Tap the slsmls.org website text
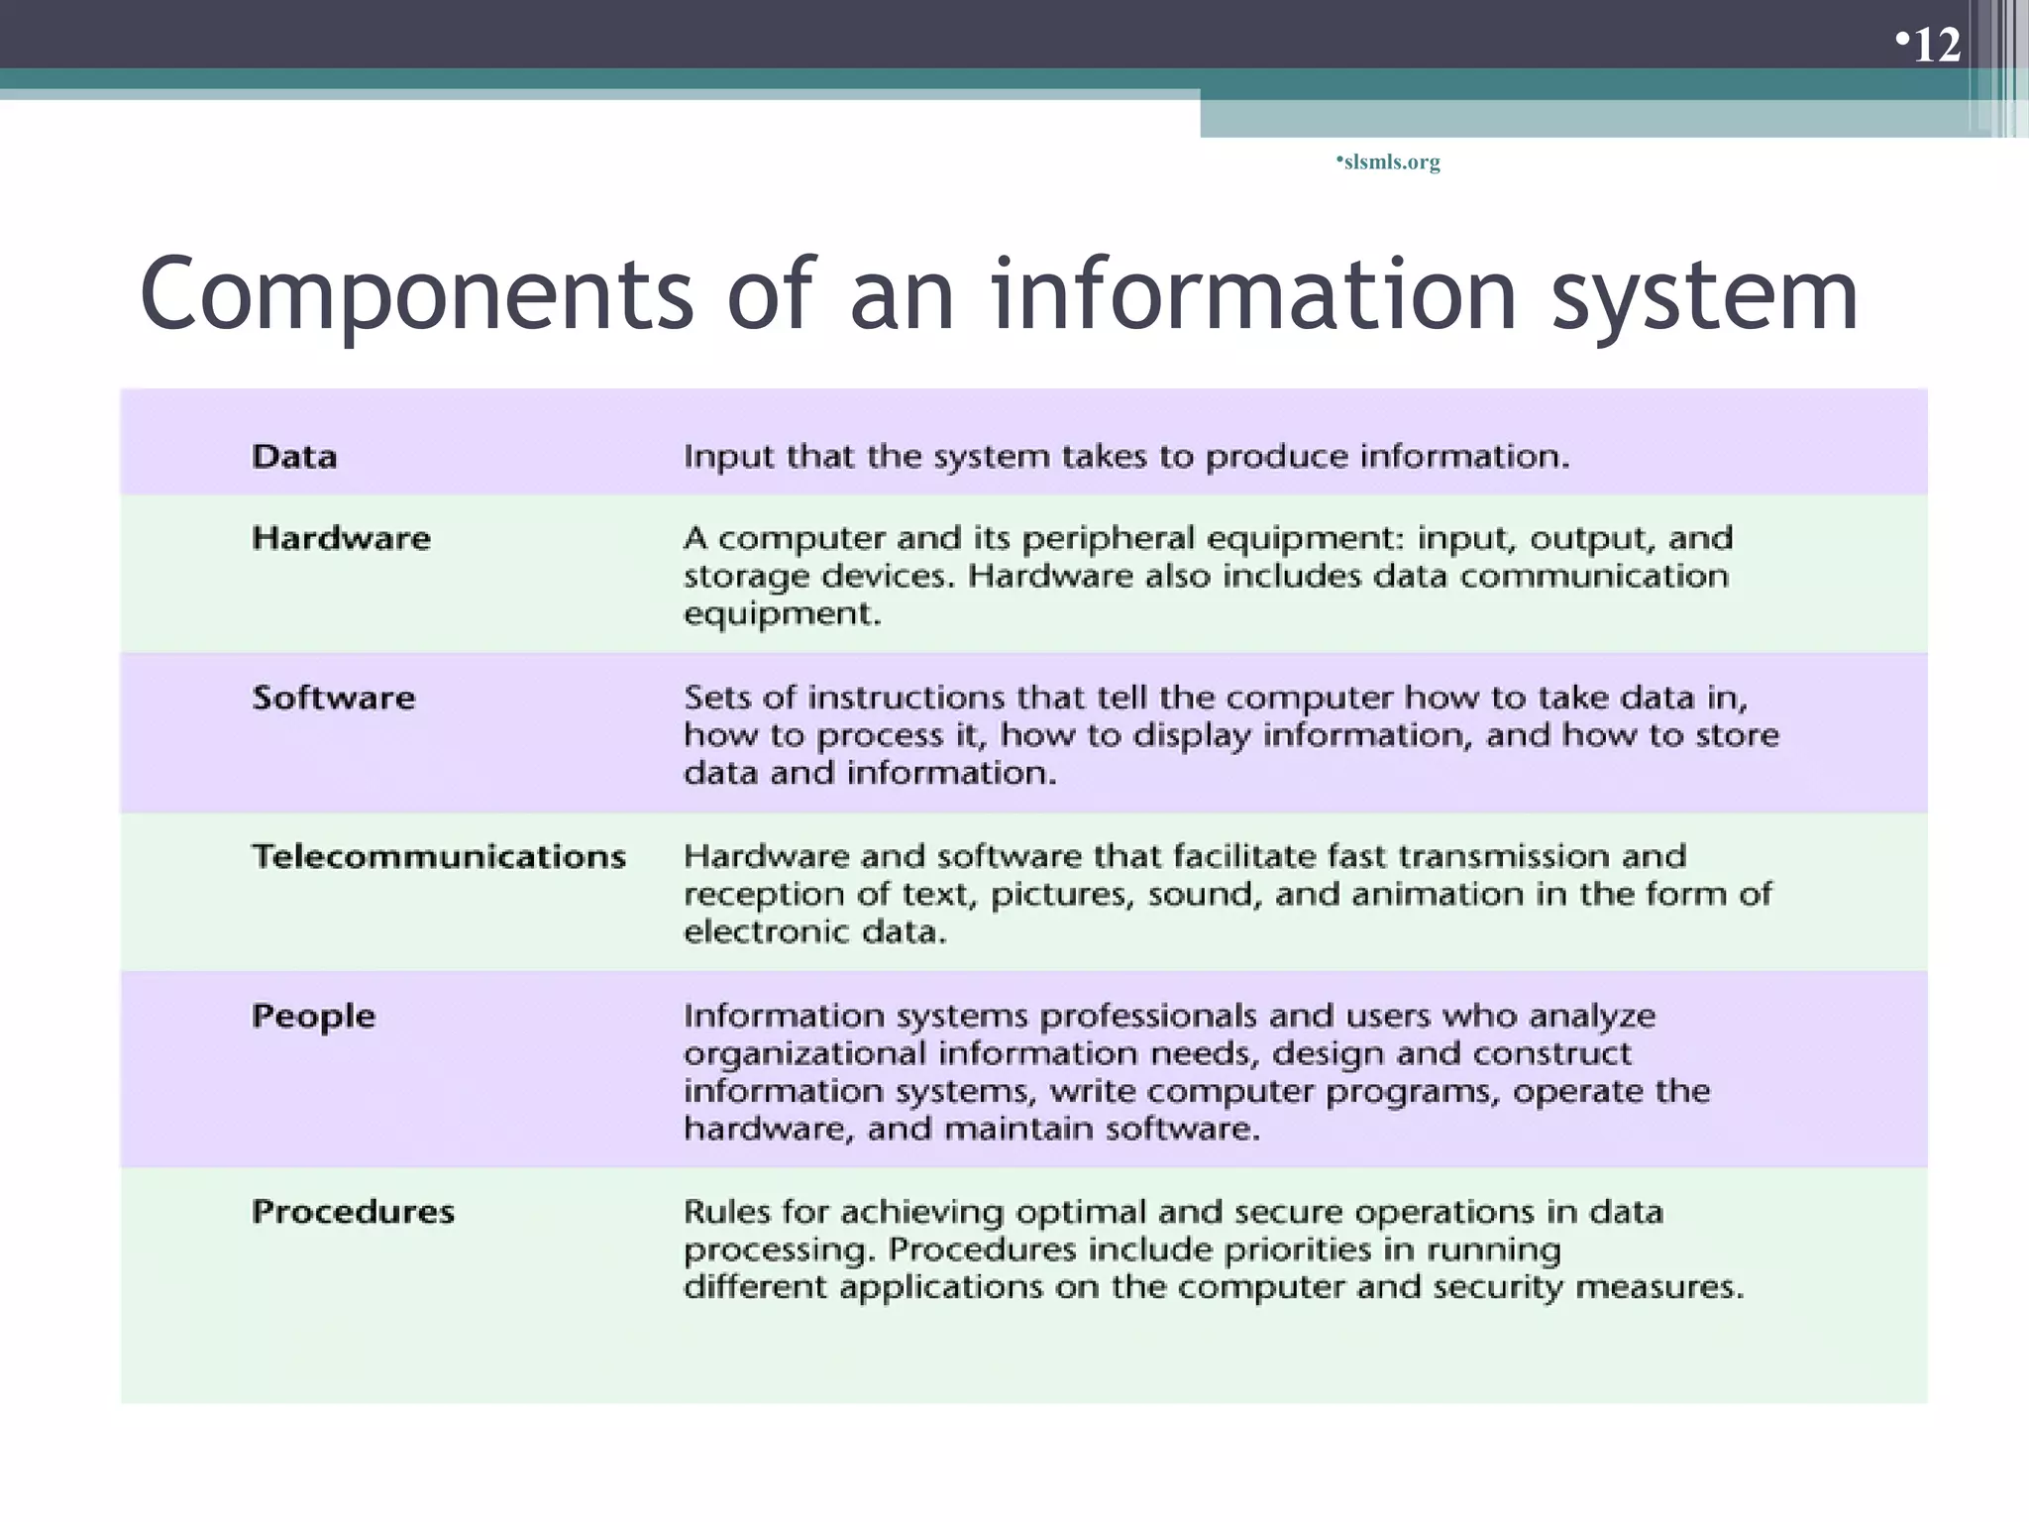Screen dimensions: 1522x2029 1391,162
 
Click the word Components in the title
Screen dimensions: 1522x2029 416,295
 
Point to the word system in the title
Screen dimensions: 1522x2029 1704,295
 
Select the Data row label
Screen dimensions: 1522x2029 294,457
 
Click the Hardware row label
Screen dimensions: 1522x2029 341,538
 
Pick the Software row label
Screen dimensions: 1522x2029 333,698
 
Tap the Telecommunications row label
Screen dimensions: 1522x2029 439,856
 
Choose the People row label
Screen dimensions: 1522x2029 313,1016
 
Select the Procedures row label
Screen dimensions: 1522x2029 353,1211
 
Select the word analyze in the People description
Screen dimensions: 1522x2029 1591,1017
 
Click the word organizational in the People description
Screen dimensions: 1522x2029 803,1053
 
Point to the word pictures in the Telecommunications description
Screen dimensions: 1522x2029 1060,895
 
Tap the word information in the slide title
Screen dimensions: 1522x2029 1254,295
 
